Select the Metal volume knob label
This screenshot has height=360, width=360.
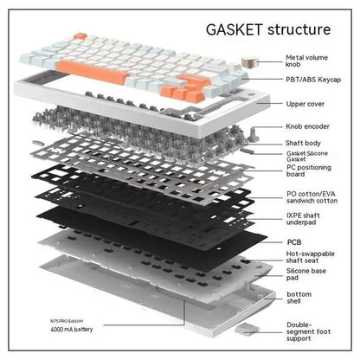click(x=308, y=63)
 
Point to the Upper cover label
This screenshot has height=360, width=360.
click(x=306, y=104)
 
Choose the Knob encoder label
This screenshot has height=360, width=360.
click(x=309, y=126)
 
